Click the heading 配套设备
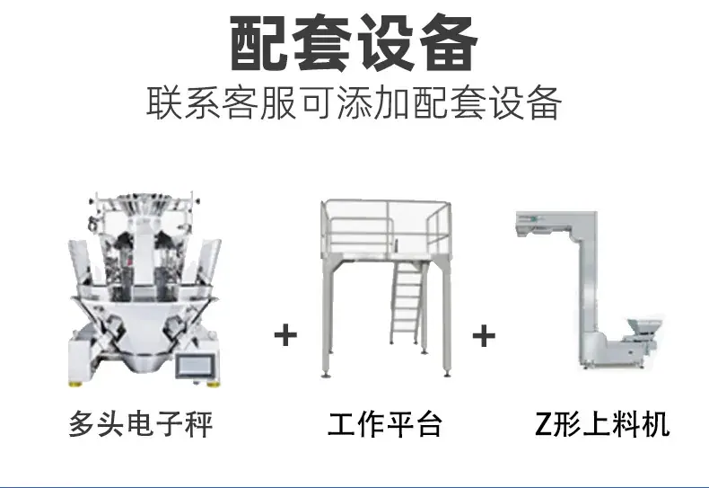(x=354, y=43)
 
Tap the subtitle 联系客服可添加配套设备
(x=354, y=102)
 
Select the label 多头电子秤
(x=141, y=424)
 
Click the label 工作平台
(x=385, y=424)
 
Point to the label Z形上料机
(x=602, y=424)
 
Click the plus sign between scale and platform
(x=285, y=335)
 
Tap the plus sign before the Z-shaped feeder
(x=484, y=336)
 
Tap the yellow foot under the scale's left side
(x=75, y=385)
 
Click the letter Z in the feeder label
(x=543, y=424)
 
